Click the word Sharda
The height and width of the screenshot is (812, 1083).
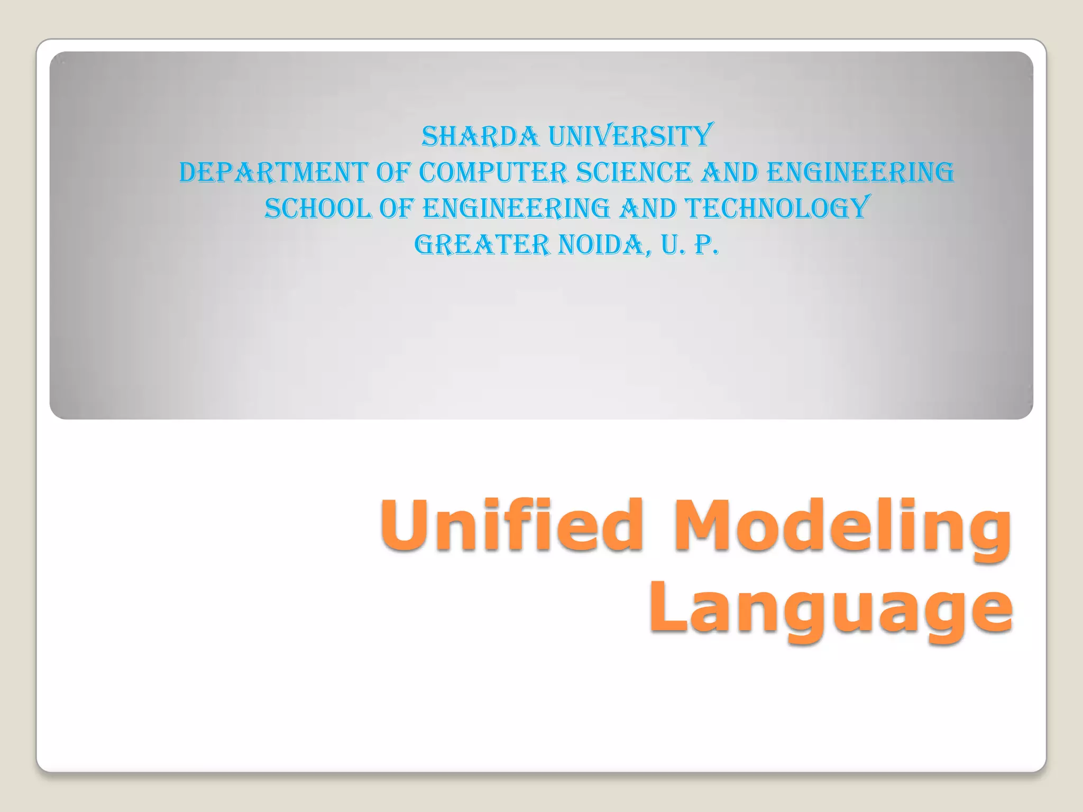[480, 136]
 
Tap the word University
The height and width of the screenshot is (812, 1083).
[631, 136]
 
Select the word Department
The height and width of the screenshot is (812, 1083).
[273, 173]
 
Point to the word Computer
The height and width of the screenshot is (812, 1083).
[493, 173]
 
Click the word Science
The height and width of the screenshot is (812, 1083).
[634, 173]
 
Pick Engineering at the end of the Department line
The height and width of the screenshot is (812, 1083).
[860, 173]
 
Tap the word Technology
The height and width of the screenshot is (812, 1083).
[777, 209]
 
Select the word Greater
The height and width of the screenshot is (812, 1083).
[482, 245]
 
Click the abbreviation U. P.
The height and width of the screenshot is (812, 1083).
[690, 245]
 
